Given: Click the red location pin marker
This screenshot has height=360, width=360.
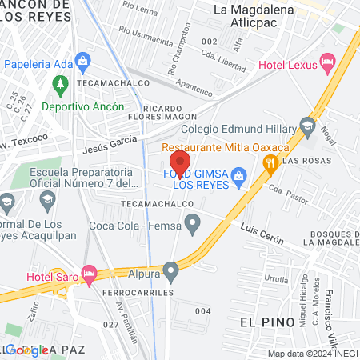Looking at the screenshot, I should pos(180,163).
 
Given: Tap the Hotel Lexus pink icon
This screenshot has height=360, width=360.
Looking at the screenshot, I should pos(326,61).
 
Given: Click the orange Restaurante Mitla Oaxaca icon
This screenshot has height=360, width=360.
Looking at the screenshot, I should pos(271,163).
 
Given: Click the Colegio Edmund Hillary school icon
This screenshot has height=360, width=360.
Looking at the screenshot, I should pos(307,125).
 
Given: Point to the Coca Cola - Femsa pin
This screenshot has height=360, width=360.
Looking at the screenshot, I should pos(192,226).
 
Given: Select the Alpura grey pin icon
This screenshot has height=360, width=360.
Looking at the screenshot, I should pos(170,271).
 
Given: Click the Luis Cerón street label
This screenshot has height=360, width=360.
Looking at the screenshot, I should pos(262,233).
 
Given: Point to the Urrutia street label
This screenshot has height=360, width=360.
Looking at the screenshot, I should pos(275,280).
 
